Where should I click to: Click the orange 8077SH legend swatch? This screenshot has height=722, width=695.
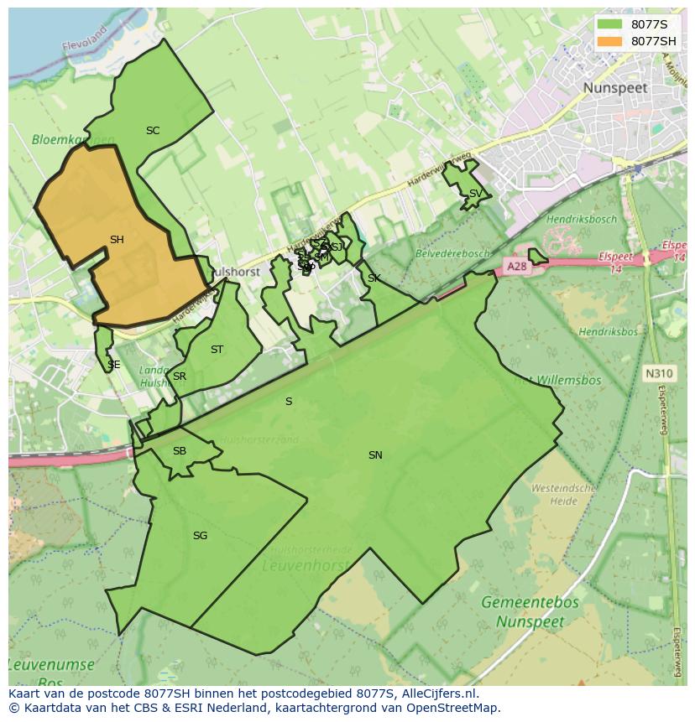pos(610,41)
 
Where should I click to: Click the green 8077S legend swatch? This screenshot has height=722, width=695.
pos(610,24)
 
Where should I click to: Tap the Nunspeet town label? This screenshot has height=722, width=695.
pos(615,87)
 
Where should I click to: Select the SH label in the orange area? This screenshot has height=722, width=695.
pos(117,240)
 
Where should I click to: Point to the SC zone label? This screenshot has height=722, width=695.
pos(153,131)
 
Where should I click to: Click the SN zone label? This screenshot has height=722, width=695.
pos(375,455)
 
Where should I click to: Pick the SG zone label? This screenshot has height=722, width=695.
pos(200,536)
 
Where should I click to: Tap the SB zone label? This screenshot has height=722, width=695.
pos(180,451)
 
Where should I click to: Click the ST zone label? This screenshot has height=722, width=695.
pos(217,350)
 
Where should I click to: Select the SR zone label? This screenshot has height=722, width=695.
pos(180,377)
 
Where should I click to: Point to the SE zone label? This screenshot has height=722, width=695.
pos(114,365)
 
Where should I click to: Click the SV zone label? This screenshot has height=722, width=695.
pos(475,194)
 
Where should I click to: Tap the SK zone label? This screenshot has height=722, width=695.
pos(374,278)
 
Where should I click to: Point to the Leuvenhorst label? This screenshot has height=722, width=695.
pos(306,566)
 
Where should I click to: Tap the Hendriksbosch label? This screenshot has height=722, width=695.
pos(581,220)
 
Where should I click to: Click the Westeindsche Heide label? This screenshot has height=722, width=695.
pos(564,494)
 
